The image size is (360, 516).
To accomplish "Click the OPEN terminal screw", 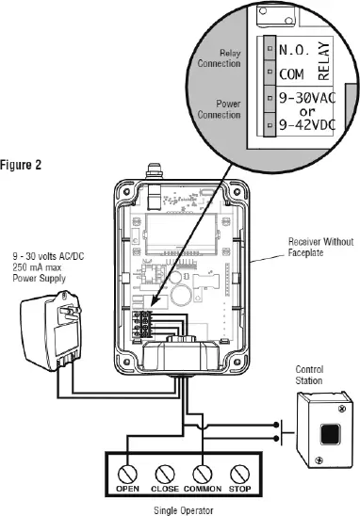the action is (127, 475).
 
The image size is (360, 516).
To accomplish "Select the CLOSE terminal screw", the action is (165, 475).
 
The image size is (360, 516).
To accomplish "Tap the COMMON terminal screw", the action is (203, 475).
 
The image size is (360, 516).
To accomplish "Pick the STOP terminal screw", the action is (239, 475).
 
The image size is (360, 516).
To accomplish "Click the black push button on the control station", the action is (330, 434).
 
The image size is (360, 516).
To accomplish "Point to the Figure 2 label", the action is (21, 165).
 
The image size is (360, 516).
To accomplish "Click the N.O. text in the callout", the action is (294, 50).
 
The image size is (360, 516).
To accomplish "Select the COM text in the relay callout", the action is (291, 74).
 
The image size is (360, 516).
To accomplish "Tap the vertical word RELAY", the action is (324, 61).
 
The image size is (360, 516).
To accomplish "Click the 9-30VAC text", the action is (307, 98).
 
